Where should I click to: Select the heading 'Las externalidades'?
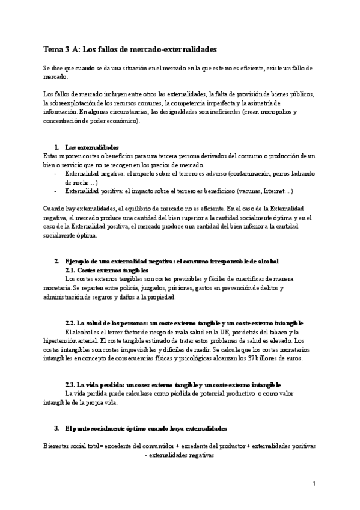tap(92, 147)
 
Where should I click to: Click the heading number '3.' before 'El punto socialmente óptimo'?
tap(56, 429)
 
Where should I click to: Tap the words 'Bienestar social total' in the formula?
tap(73, 447)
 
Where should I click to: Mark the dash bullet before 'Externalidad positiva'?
tap(55, 191)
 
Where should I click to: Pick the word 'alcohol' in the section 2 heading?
tap(266, 261)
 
